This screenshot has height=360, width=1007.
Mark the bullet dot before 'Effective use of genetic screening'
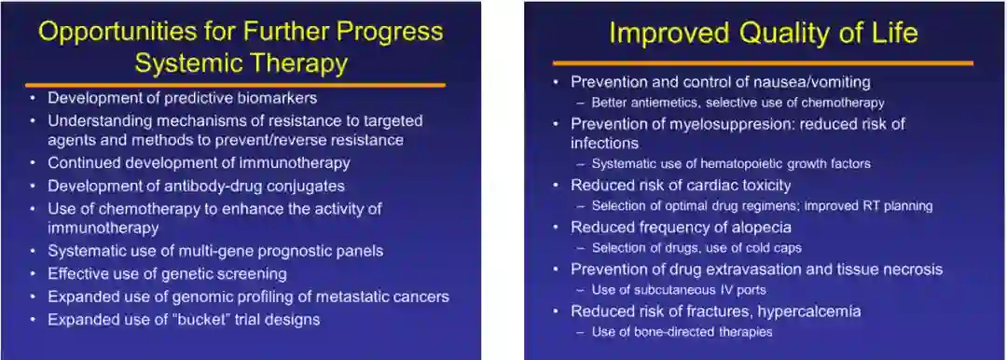[33, 274]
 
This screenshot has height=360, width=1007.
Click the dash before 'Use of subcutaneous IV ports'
[580, 290]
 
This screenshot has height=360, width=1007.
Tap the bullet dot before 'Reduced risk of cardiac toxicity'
[556, 186]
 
